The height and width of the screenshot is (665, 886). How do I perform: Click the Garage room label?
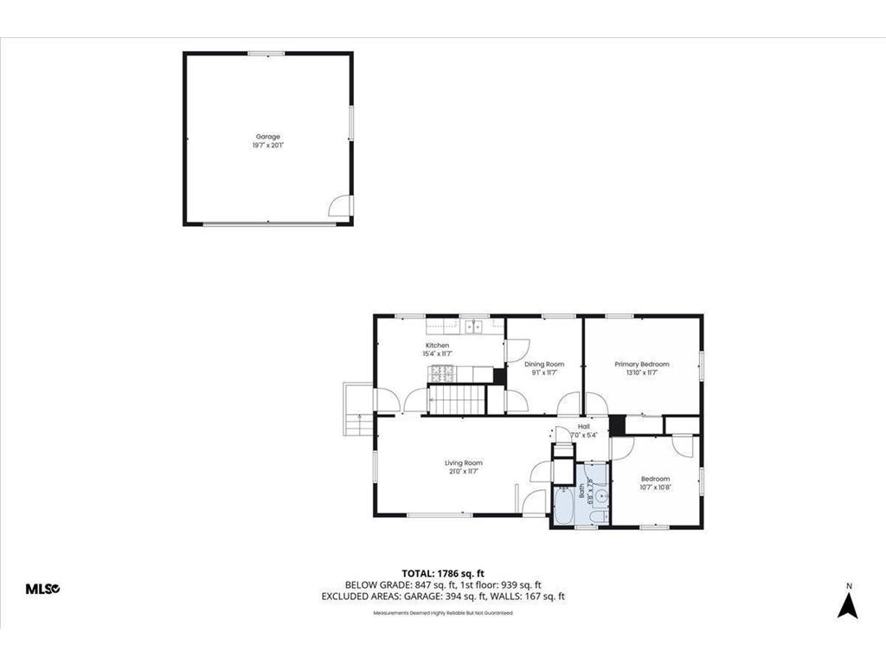click(267, 137)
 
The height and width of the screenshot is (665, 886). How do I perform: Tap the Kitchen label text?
click(436, 345)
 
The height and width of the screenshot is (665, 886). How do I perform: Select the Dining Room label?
click(543, 365)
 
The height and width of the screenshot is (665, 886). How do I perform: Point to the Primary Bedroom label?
click(641, 365)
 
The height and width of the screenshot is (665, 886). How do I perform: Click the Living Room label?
click(464, 463)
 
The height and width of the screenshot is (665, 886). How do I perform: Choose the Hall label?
click(584, 427)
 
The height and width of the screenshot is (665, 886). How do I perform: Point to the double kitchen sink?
click(473, 326)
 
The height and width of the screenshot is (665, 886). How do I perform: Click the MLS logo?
click(42, 589)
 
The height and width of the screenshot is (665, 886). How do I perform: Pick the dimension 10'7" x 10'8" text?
click(655, 487)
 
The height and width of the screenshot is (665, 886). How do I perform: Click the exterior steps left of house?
click(356, 410)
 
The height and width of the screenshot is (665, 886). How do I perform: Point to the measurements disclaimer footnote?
click(442, 613)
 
